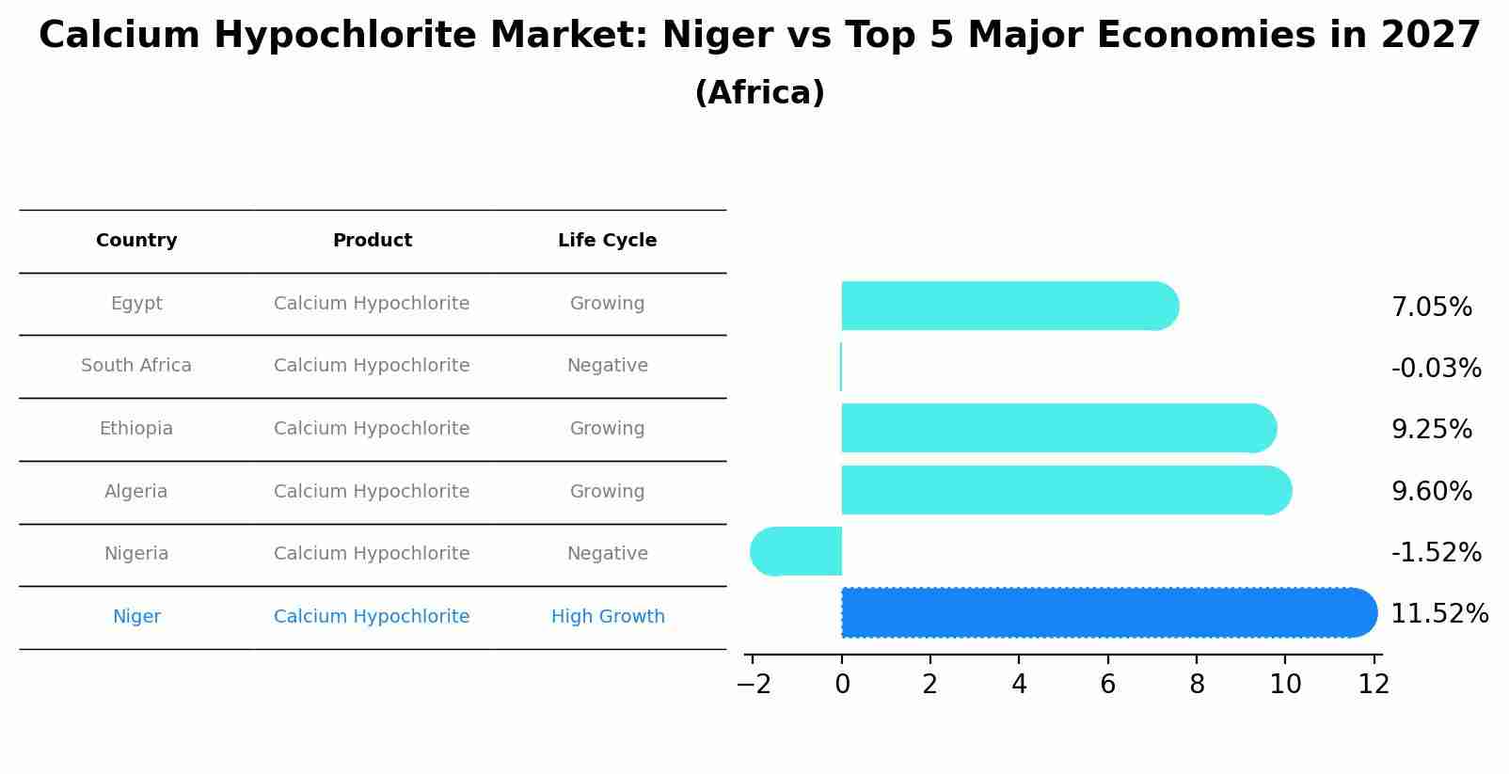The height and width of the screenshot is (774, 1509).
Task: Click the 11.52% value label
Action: (x=1438, y=614)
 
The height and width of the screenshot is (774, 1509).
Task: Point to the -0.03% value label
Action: (x=1436, y=369)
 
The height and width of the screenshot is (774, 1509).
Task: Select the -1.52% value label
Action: (x=1436, y=553)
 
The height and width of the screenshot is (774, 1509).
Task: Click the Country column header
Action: (x=136, y=241)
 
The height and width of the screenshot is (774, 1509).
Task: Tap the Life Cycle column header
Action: (x=607, y=241)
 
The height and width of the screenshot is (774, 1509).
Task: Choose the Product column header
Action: (x=372, y=241)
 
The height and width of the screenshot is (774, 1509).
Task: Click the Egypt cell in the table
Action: (x=136, y=304)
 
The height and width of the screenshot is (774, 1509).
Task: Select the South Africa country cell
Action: (x=136, y=366)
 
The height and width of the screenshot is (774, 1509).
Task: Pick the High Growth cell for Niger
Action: (x=608, y=617)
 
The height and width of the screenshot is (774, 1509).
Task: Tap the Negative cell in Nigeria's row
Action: (x=607, y=554)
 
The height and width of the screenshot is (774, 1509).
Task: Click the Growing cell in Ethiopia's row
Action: (x=607, y=429)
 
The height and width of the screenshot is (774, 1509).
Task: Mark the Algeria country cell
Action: (x=136, y=492)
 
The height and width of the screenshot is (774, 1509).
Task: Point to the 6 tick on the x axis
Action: (x=1107, y=685)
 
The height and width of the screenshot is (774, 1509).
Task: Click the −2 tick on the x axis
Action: (x=753, y=685)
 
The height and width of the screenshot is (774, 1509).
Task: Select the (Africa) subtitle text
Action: (x=759, y=93)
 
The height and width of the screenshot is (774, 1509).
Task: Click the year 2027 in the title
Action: (x=1430, y=36)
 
